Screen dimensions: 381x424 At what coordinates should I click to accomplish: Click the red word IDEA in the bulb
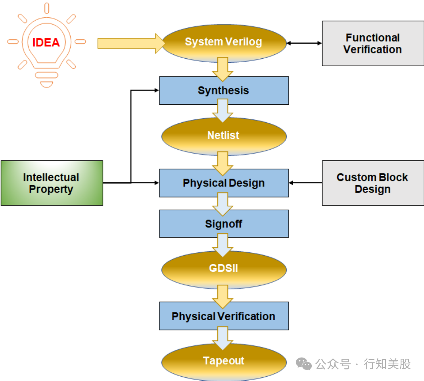coord(46,42)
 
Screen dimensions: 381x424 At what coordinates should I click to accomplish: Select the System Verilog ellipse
coord(224,42)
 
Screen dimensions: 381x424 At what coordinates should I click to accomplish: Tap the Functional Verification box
coord(372,43)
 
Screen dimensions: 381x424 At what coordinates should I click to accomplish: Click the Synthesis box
coord(224,90)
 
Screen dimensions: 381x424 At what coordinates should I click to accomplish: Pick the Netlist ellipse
coord(224,136)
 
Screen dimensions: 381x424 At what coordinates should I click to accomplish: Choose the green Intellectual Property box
coord(52,183)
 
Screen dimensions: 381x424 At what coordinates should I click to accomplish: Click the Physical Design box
coord(224,183)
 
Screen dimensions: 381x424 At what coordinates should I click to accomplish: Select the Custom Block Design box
coord(372,183)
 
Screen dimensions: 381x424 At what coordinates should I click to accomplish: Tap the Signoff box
coord(224,224)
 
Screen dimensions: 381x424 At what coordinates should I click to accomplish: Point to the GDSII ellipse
coord(224,269)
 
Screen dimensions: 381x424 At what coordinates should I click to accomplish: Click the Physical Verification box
coord(224,316)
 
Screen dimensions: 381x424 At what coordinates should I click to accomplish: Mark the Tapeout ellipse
coord(224,361)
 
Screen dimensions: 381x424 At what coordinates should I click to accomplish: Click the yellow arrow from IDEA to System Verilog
coord(131,43)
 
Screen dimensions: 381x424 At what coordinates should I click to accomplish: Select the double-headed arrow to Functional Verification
coord(304,43)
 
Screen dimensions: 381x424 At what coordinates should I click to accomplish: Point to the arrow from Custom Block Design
coord(305,183)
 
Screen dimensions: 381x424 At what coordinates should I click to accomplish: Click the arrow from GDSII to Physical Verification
coord(223,296)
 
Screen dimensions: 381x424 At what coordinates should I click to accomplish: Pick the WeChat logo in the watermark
coord(304,364)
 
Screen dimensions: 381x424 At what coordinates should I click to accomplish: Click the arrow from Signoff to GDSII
coord(223,244)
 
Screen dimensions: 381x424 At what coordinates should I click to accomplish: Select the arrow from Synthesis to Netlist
coord(223,110)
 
